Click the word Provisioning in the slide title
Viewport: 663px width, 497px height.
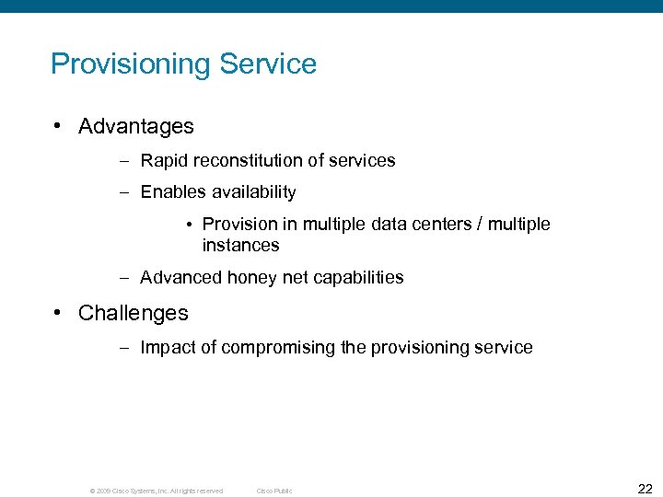pyautogui.click(x=131, y=64)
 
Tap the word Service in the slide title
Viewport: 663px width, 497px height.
pyautogui.click(x=268, y=64)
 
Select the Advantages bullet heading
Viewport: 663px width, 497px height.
pyautogui.click(x=136, y=126)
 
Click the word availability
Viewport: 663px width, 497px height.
pyautogui.click(x=251, y=192)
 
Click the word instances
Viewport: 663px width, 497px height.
pyautogui.click(x=240, y=246)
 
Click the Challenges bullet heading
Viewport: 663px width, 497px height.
pyautogui.click(x=134, y=313)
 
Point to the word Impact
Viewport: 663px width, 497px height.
pyautogui.click(x=166, y=348)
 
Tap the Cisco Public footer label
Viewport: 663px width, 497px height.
pyautogui.click(x=274, y=491)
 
